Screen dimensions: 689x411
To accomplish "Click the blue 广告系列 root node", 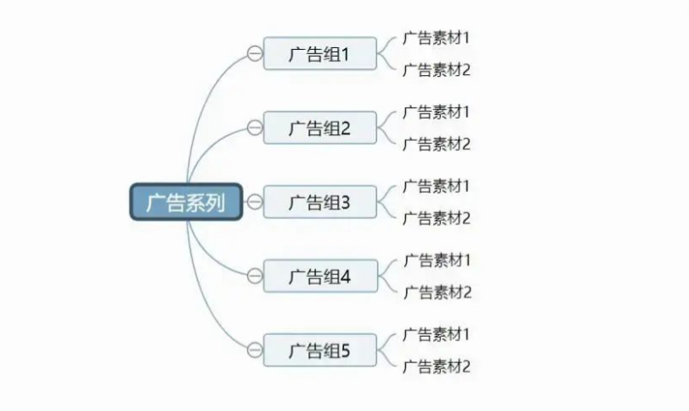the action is [186, 202].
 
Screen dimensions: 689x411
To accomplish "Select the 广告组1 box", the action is [320, 53].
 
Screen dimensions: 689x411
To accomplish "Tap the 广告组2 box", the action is [320, 127].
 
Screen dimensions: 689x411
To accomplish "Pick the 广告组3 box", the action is [320, 202].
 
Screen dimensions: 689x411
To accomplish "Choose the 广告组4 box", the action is [320, 277].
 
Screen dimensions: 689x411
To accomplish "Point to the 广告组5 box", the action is [320, 351].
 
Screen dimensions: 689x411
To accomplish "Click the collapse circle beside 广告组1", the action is [254, 53].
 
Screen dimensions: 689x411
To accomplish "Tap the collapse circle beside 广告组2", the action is [254, 127].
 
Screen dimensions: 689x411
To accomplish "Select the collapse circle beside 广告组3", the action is [254, 202].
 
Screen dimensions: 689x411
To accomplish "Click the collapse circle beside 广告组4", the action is [254, 277].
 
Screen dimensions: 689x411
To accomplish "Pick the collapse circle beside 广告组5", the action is [254, 351].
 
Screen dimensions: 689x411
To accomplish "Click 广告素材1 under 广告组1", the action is [436, 38].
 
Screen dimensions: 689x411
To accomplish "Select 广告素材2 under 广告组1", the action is [437, 70].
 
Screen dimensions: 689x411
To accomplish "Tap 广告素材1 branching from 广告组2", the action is [436, 112].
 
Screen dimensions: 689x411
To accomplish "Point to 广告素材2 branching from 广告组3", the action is [437, 218].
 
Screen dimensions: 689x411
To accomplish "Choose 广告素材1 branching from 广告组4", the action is [438, 260].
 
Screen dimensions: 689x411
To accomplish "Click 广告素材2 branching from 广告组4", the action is [438, 292].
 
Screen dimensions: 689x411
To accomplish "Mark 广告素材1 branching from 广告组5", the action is [436, 334].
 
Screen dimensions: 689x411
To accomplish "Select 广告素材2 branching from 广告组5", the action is [437, 366].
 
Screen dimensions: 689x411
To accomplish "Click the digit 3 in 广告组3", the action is [345, 202].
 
